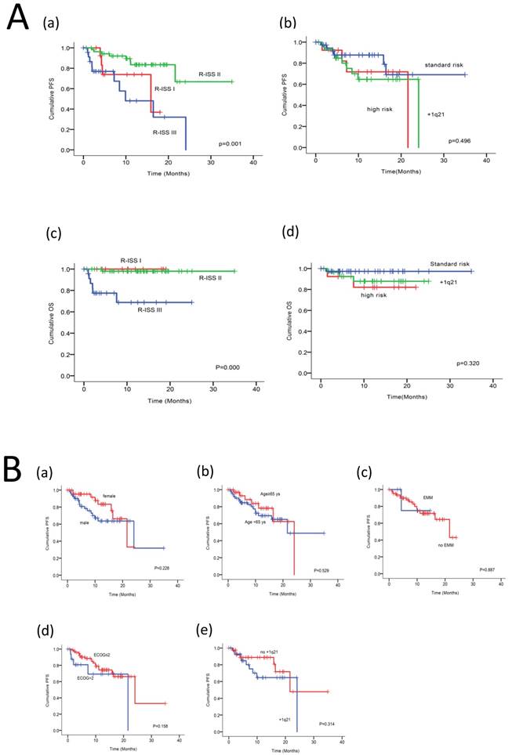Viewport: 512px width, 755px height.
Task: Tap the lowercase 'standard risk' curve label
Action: point(447,64)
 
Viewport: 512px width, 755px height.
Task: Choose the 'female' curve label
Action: point(109,496)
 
